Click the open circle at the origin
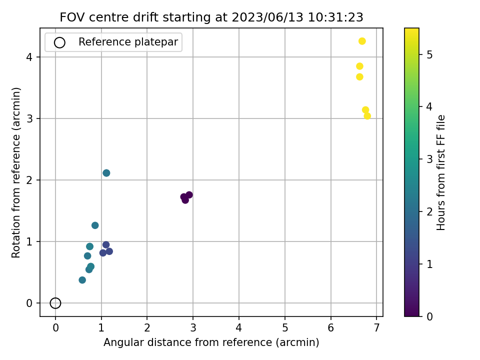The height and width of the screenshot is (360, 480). (55, 303)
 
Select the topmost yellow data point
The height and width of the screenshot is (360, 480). (362, 41)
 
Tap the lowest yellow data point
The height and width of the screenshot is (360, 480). (367, 116)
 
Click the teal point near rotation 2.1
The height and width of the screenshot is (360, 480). (106, 173)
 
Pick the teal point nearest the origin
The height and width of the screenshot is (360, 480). (82, 280)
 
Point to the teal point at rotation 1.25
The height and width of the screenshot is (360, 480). (95, 225)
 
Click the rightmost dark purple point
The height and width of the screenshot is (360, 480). (189, 195)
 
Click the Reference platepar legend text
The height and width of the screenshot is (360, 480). (128, 42)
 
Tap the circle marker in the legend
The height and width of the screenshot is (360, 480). (59, 42)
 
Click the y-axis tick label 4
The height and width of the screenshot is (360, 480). (30, 57)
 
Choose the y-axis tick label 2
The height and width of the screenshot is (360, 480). (30, 180)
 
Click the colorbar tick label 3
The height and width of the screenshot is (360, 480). (428, 159)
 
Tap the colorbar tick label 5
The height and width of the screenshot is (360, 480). (428, 54)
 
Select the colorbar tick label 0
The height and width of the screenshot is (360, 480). (428, 316)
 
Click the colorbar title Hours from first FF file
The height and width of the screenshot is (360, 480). (441, 172)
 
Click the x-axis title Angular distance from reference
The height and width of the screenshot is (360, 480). (211, 342)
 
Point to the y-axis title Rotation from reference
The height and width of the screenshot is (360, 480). (16, 172)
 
